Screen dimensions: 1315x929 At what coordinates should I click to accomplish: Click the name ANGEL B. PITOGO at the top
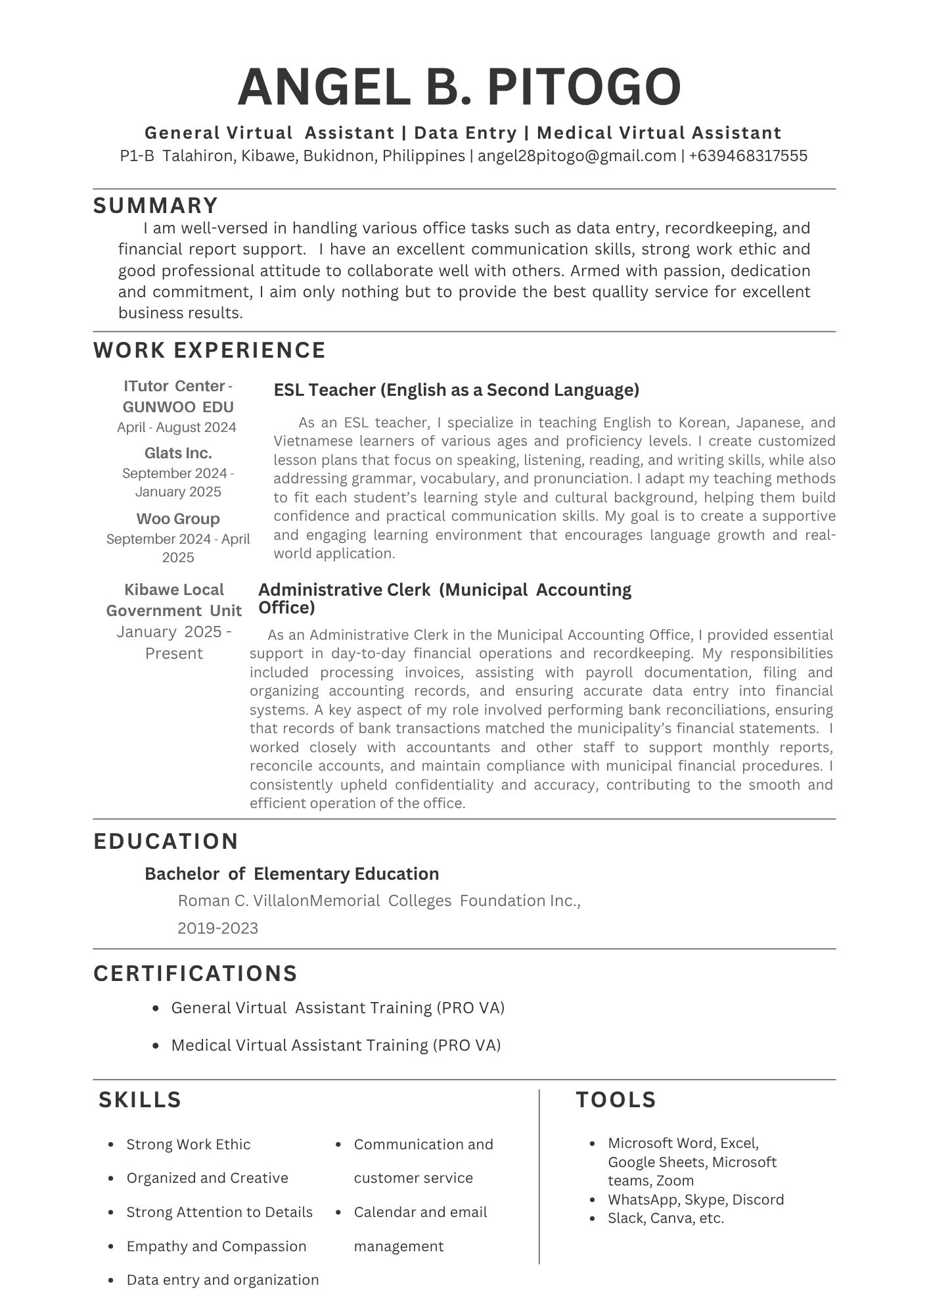(x=459, y=87)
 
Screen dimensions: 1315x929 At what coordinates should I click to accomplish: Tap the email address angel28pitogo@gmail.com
(x=576, y=156)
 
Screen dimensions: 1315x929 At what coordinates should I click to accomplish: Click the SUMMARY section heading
(x=156, y=206)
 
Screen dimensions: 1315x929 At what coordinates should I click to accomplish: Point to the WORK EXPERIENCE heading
(x=210, y=350)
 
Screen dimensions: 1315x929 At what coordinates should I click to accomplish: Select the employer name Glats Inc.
(x=178, y=453)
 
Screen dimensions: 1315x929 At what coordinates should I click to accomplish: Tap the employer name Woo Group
(x=178, y=519)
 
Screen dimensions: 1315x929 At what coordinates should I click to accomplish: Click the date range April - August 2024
(x=177, y=427)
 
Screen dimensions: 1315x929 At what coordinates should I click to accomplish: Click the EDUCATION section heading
(x=166, y=842)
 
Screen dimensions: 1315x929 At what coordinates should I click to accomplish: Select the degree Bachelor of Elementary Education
(x=292, y=874)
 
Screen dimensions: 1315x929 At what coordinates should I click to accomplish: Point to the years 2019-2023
(x=217, y=928)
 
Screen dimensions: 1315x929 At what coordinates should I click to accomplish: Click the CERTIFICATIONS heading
(x=196, y=973)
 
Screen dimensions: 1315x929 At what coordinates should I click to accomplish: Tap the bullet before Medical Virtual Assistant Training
(x=156, y=1045)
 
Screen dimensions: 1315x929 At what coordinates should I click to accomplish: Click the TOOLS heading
(x=616, y=1100)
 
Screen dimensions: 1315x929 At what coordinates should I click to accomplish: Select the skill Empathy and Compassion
(x=216, y=1246)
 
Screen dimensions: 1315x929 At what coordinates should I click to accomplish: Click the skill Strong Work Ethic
(x=188, y=1144)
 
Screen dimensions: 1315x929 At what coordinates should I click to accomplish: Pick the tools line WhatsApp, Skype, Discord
(x=696, y=1199)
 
